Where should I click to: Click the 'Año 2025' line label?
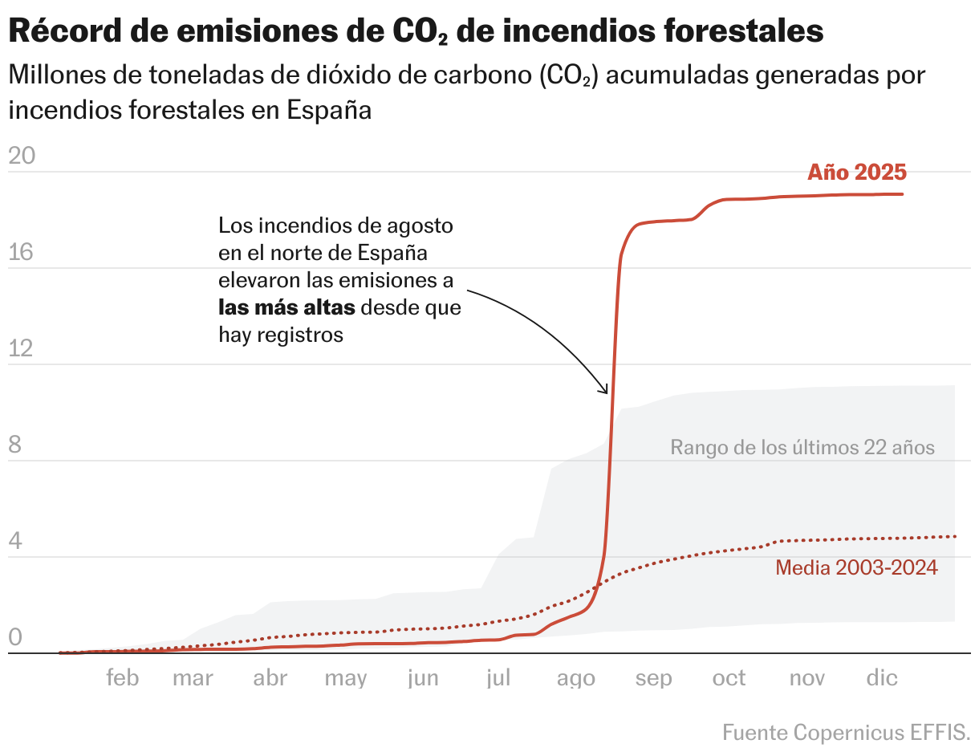[856, 173]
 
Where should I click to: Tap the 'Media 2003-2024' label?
[856, 567]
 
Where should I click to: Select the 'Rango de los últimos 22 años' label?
[802, 447]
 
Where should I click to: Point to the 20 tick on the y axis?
[22, 156]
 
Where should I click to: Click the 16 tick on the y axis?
[22, 252]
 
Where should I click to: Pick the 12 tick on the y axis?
[22, 348]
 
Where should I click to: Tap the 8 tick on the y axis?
[14, 445]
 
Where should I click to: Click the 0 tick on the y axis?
[14, 638]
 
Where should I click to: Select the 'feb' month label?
[123, 678]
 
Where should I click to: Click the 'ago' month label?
[576, 679]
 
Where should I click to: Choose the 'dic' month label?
[881, 678]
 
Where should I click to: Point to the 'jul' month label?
[498, 678]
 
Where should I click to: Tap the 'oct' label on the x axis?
[729, 678]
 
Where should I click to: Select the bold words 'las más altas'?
[286, 307]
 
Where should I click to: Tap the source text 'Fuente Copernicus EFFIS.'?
[846, 732]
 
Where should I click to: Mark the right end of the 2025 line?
[903, 194]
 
